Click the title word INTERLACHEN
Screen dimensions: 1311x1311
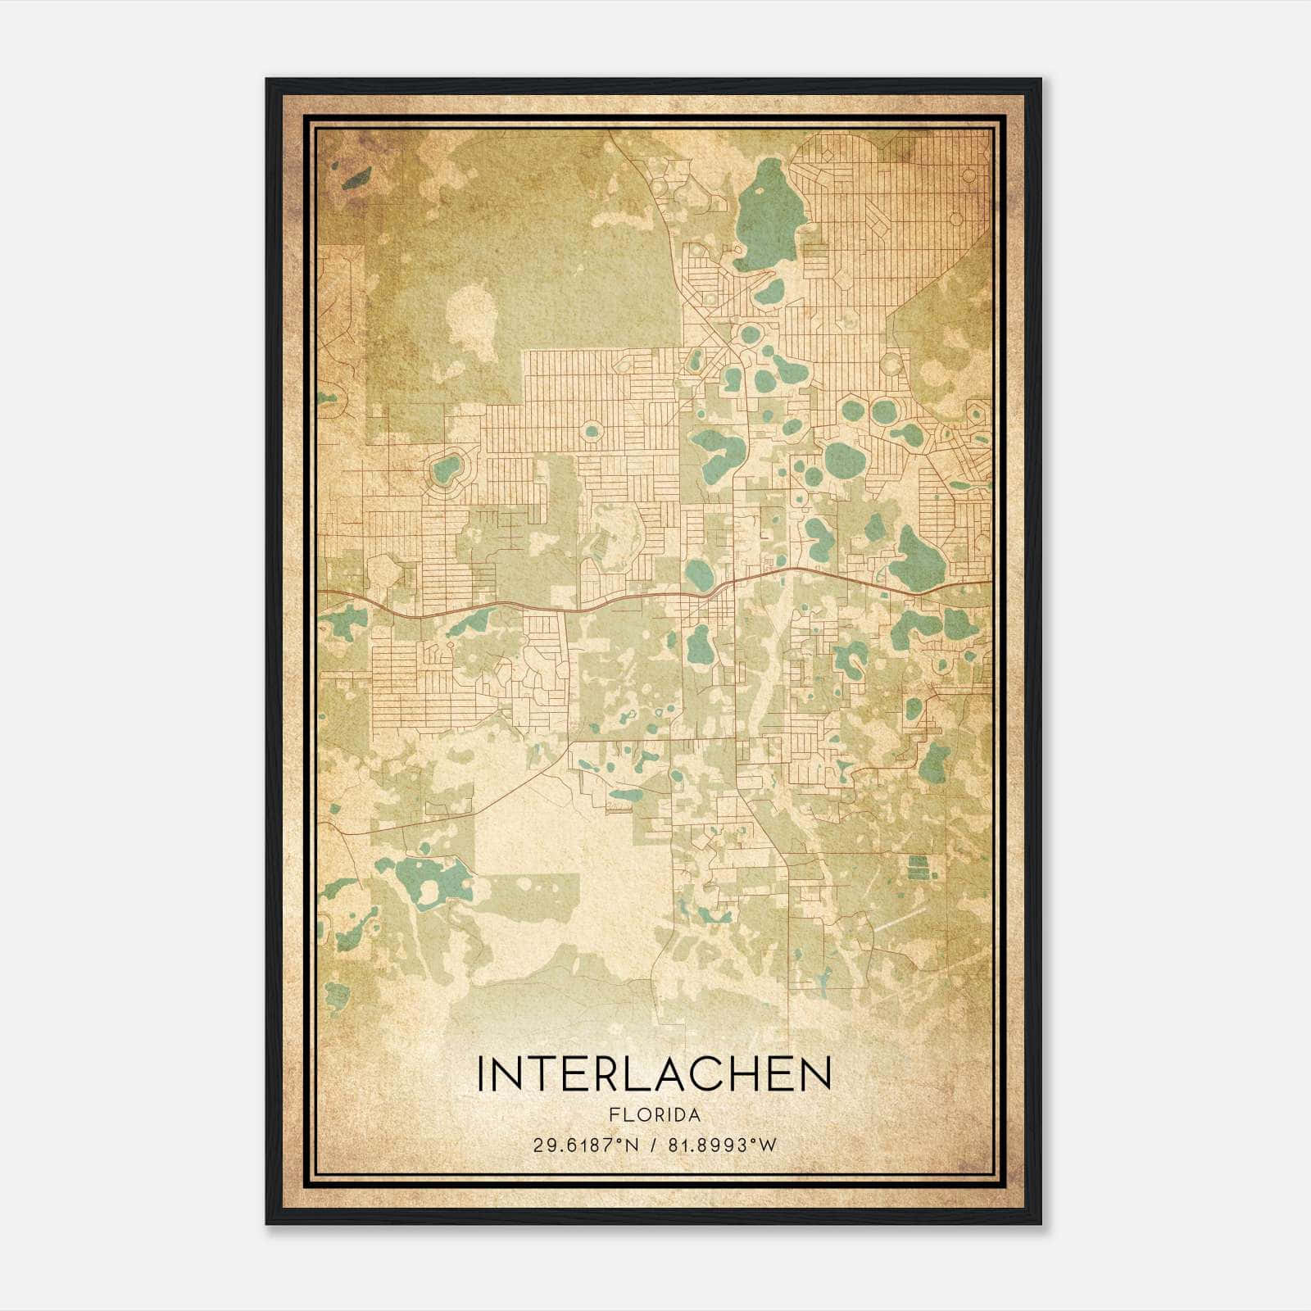[x=654, y=1074]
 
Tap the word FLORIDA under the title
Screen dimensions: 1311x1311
[x=654, y=1115]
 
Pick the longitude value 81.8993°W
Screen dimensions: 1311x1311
[x=723, y=1145]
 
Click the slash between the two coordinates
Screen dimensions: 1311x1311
[x=652, y=1145]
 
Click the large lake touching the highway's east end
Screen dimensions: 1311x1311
[x=918, y=557]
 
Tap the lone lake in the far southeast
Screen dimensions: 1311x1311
[x=934, y=762]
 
